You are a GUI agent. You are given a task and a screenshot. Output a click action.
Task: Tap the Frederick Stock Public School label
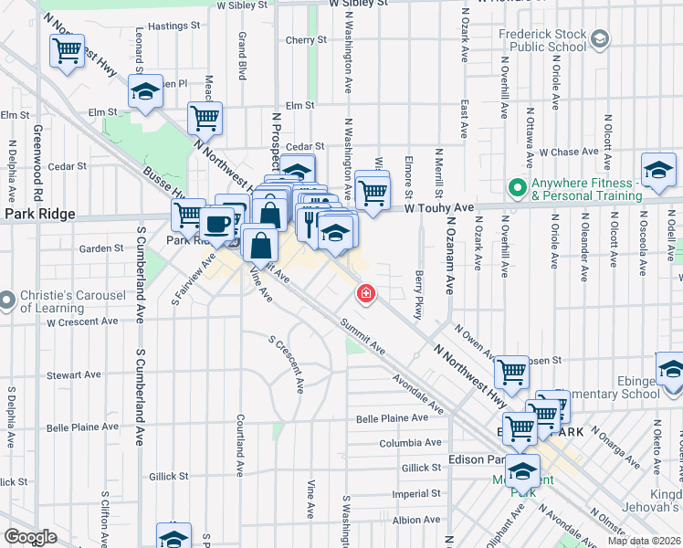point(542,40)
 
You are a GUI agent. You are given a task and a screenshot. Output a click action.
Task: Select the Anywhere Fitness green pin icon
point(518,189)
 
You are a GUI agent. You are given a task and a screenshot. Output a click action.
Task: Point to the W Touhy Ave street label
point(440,207)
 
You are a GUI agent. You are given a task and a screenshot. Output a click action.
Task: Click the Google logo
point(30,537)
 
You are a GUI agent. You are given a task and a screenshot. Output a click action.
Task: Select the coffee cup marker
point(217,224)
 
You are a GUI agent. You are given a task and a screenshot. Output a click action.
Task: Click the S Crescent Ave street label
point(286,364)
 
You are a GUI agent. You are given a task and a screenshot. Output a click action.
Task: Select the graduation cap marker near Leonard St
point(144,92)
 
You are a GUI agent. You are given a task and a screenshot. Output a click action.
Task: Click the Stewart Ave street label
point(74,374)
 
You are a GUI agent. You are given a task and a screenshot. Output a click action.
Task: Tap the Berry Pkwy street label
point(419,294)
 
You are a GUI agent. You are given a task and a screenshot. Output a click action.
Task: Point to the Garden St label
point(100,248)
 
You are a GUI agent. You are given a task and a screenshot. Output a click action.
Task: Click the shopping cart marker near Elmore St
point(373,192)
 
